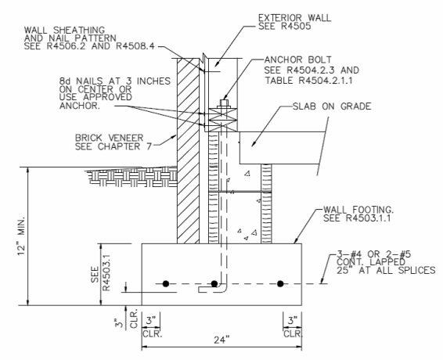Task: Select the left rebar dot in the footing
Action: [165, 283]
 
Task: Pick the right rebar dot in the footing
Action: [281, 283]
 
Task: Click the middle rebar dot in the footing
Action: [221, 283]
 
